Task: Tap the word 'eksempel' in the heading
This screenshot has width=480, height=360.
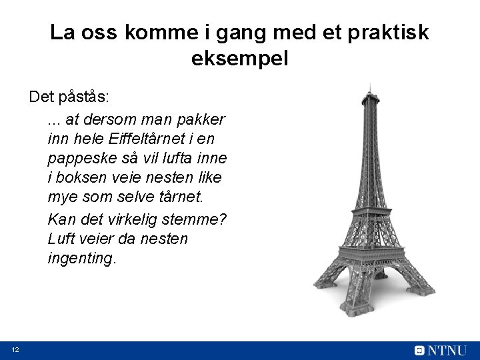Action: coord(240,59)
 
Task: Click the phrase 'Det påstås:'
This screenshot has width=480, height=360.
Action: coord(69,97)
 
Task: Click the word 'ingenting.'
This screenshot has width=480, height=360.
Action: coord(82,258)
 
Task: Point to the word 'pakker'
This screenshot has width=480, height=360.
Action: coord(203,120)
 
